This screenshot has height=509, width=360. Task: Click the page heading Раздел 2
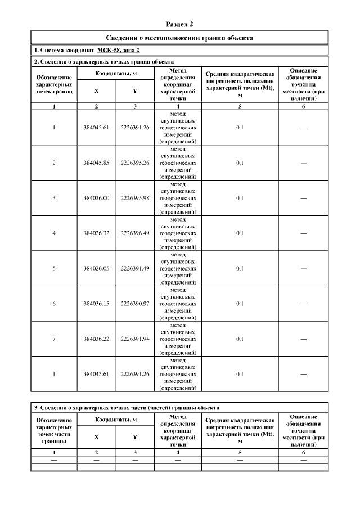(180, 24)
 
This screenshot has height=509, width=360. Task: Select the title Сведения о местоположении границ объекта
(180, 38)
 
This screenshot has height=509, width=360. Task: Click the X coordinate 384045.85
(96, 163)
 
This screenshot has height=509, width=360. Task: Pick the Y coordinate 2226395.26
(135, 163)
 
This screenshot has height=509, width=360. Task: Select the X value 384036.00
(96, 198)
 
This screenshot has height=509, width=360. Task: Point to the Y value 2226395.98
(135, 198)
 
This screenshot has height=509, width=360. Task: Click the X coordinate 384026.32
(96, 233)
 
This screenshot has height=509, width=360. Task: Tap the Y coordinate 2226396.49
(135, 233)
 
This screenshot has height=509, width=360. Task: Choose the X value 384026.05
(96, 268)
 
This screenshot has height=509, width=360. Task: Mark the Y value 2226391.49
(135, 268)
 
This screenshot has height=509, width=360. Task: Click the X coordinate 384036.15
(96, 304)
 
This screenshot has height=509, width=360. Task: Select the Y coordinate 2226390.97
(135, 304)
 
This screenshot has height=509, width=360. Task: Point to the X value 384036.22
(96, 339)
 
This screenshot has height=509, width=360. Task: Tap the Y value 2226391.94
(135, 339)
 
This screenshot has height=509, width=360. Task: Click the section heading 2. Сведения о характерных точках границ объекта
(104, 61)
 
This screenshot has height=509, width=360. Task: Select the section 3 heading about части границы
(127, 407)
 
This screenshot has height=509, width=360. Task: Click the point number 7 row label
(54, 339)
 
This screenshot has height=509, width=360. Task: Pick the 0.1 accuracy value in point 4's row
(240, 233)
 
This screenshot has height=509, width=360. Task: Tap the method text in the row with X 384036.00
(178, 198)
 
